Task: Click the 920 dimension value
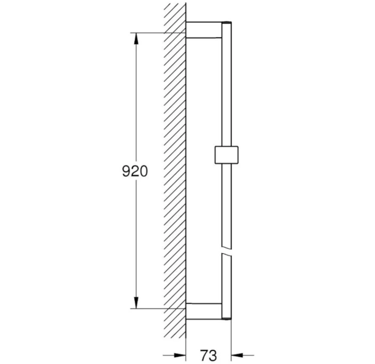[135, 171]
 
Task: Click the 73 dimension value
[209, 355]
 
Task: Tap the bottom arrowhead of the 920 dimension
[136, 302]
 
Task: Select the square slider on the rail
[227, 154]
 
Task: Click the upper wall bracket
[204, 29]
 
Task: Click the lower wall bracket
[204, 311]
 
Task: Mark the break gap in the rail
[227, 251]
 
